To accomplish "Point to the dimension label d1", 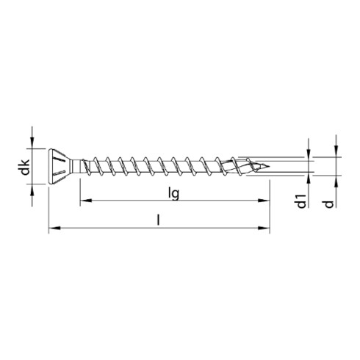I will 302,201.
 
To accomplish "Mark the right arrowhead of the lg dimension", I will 265,199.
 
